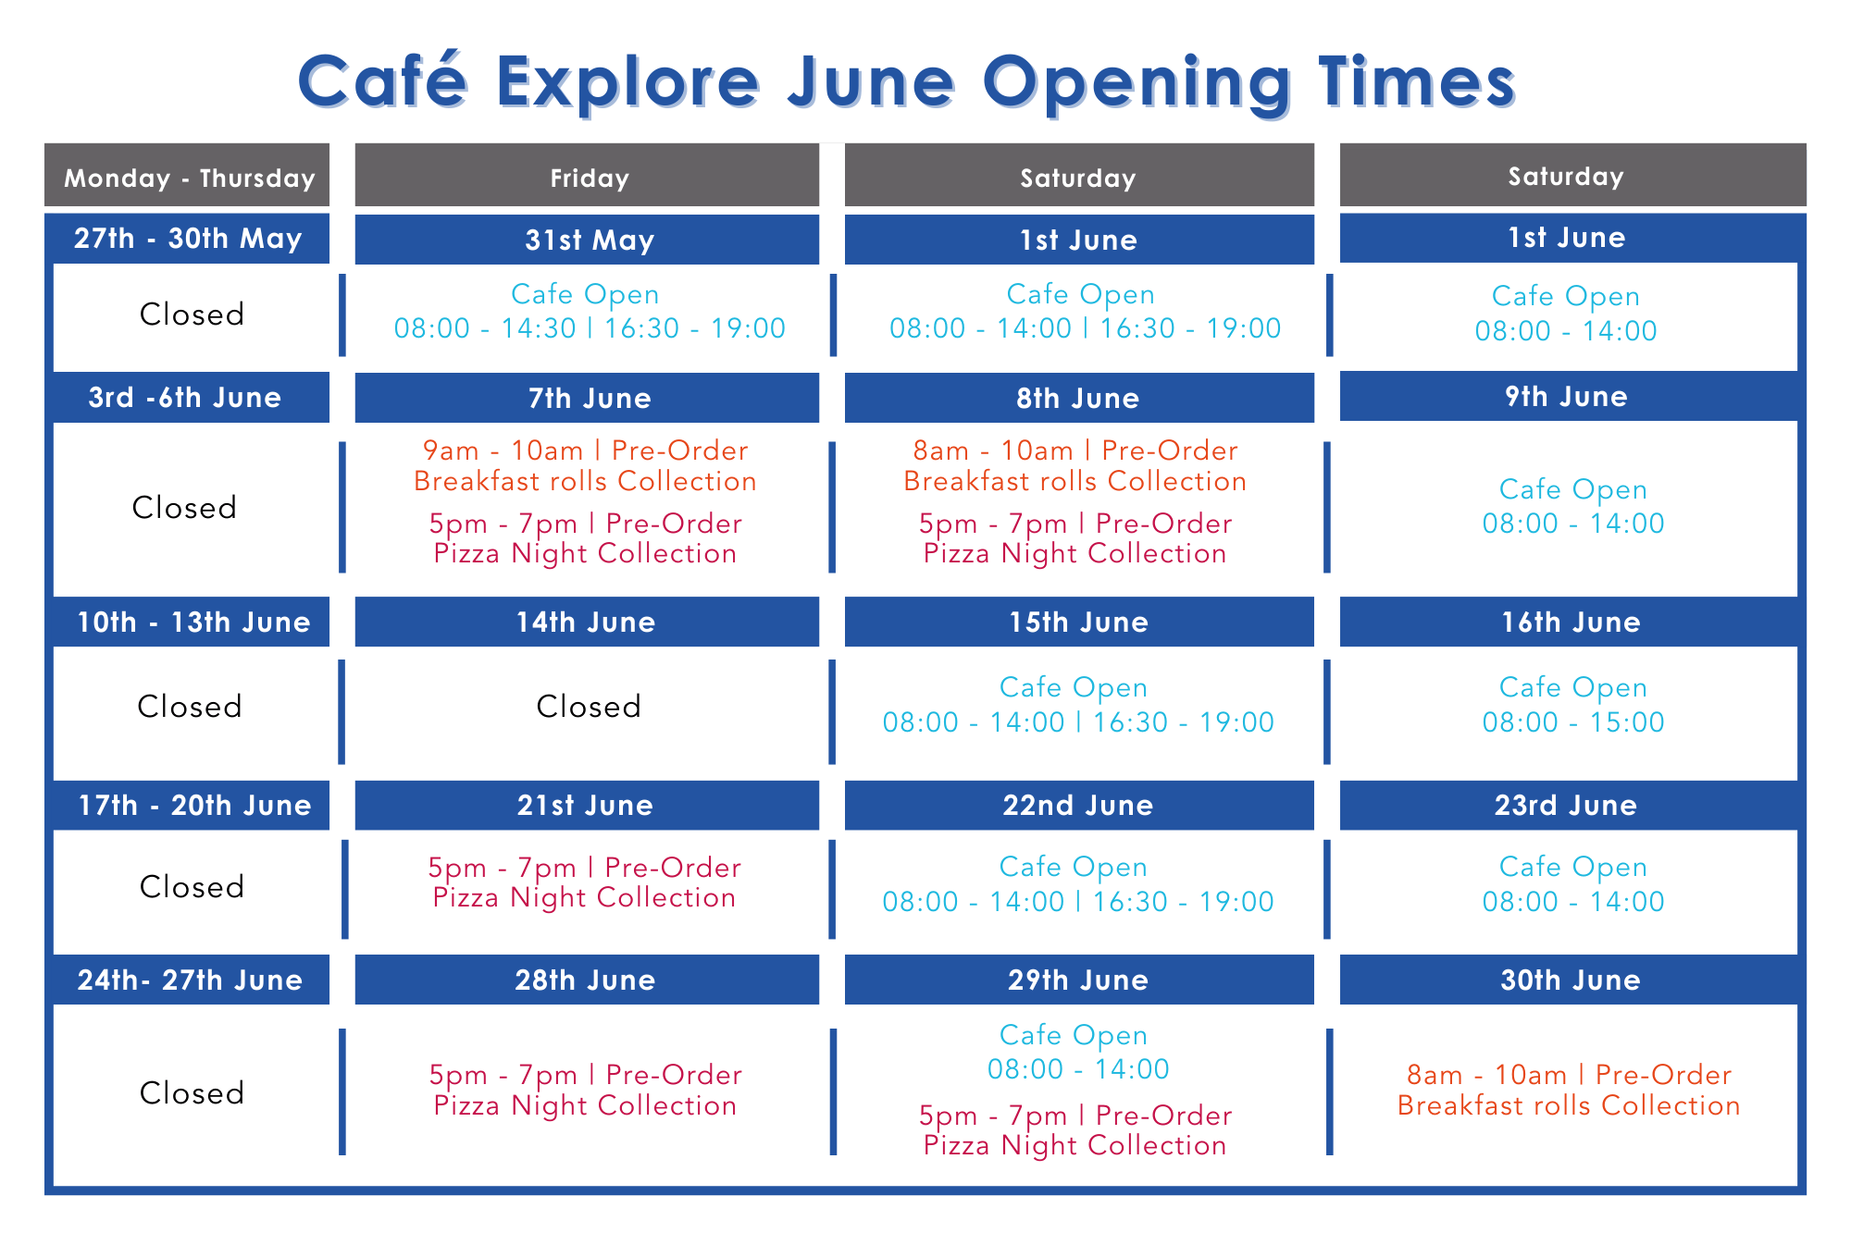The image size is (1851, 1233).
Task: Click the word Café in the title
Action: [x=382, y=81]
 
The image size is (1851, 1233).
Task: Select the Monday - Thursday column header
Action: [x=189, y=178]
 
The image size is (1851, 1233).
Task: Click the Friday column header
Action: [x=589, y=178]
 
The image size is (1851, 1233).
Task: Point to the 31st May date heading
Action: [x=589, y=240]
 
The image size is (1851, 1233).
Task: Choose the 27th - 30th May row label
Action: [x=188, y=239]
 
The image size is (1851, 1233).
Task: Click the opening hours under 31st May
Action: [x=589, y=328]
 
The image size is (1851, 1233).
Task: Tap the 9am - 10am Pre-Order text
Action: [x=585, y=450]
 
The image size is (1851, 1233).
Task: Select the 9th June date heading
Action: [x=1566, y=397]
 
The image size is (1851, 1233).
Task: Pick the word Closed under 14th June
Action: [x=589, y=707]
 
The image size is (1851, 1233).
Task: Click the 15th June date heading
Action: [x=1078, y=623]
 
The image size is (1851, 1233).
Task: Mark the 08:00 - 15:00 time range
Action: [x=1572, y=722]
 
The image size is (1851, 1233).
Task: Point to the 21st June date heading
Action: [x=585, y=806]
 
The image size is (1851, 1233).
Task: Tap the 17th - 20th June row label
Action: [x=194, y=806]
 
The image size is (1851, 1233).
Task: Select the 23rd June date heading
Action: [x=1566, y=806]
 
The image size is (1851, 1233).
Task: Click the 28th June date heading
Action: [x=585, y=980]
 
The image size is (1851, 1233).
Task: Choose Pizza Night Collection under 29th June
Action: [x=1075, y=1145]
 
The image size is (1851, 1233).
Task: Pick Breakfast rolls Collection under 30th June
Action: [x=1569, y=1105]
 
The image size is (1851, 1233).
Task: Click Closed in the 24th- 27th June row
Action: [x=192, y=1093]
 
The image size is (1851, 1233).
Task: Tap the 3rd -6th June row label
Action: [x=185, y=398]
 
